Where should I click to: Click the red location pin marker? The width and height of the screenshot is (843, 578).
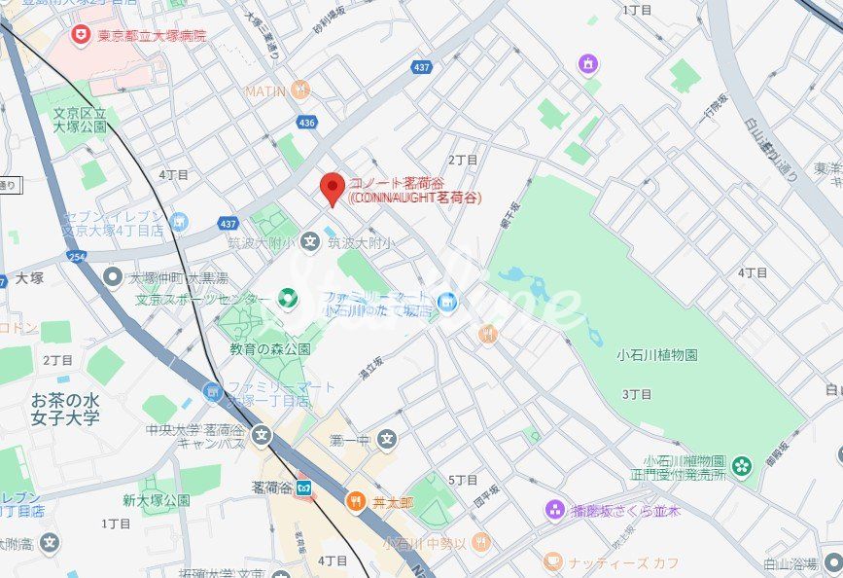pos(334,188)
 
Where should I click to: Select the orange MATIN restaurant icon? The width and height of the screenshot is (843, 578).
pos(301,90)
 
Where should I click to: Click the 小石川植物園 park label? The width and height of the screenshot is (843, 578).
pos(657,355)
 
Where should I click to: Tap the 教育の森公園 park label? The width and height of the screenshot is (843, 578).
pos(270,348)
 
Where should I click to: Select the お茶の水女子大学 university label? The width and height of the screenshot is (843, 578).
pos(65,409)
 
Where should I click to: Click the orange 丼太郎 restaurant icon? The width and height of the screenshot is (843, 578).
pos(356,501)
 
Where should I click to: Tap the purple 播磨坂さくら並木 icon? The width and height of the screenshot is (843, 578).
pos(555,509)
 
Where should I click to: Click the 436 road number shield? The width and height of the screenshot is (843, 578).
pos(307,123)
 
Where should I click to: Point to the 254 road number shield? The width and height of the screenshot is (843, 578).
pos(76,256)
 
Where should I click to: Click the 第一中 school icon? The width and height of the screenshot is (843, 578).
pos(388,440)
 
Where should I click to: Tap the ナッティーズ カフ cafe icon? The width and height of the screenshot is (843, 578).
pos(552,561)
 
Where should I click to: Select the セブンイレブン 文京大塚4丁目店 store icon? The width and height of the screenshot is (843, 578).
pos(178,223)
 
